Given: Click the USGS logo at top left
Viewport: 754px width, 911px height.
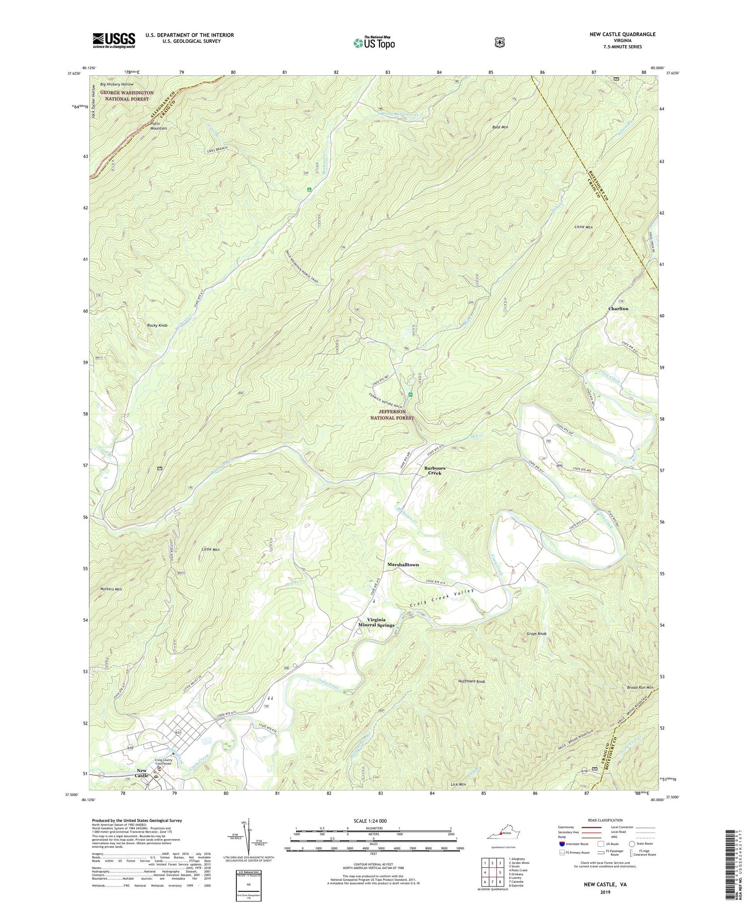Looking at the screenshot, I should coord(114,40).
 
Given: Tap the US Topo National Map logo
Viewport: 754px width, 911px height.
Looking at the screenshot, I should coord(374,43).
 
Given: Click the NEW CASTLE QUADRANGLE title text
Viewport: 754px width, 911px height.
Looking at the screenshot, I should coord(622,34).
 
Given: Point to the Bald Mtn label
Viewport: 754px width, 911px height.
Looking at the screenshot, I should coord(500,127).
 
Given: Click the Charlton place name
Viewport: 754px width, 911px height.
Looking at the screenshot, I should coord(618,309).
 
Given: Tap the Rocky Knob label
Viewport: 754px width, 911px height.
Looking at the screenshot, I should coord(157,326).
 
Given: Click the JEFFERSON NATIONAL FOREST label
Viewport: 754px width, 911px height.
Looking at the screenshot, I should coord(393,415).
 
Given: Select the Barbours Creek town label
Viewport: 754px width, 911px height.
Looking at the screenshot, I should coord(434,470).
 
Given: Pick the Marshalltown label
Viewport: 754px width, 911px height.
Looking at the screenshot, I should coord(403,565).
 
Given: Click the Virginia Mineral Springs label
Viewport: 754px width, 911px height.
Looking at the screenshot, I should coord(376,622).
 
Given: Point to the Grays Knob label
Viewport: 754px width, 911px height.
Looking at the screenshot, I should coord(536,634).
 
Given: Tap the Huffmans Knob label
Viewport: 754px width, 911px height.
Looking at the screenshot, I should coord(471,681).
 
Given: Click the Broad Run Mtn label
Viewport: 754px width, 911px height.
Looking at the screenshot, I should coord(640,687).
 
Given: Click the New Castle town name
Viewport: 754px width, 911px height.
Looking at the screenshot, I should coord(142,773).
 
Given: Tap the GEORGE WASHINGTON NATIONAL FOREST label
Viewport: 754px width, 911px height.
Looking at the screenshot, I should coord(127,96).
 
